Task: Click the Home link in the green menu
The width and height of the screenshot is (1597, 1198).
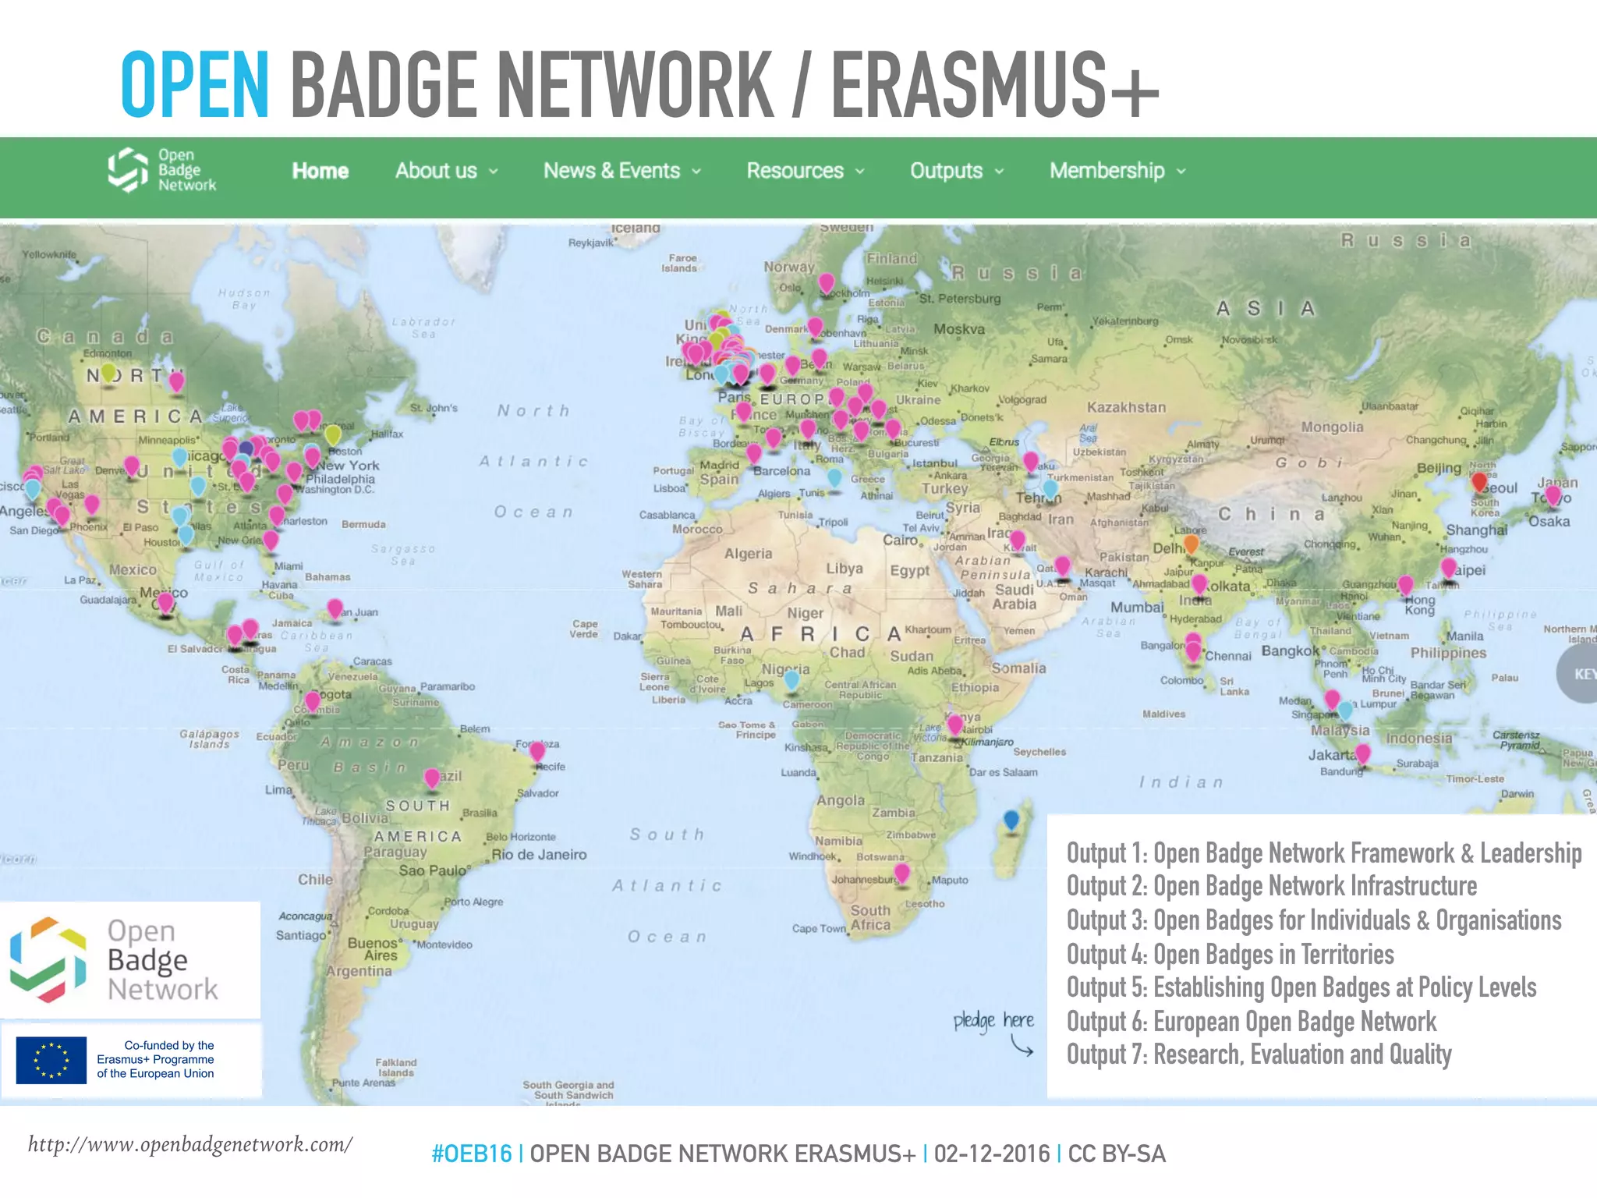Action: click(x=320, y=171)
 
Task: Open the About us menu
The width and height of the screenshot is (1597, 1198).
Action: click(x=445, y=171)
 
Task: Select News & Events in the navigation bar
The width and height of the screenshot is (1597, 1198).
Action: click(x=621, y=171)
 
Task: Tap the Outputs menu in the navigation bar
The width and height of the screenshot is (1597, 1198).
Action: click(x=956, y=171)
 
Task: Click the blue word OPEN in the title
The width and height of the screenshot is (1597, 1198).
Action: click(x=195, y=84)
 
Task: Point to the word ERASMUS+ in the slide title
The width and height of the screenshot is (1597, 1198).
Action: click(x=994, y=84)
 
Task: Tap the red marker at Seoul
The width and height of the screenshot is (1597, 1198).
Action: click(x=1478, y=483)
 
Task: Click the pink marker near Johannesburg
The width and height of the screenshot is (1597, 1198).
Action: click(x=901, y=873)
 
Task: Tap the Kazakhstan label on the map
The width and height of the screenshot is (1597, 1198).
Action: click(x=1126, y=407)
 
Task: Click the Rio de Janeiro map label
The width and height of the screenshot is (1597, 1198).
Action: click(x=539, y=855)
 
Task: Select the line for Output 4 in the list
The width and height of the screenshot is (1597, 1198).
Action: click(x=1230, y=954)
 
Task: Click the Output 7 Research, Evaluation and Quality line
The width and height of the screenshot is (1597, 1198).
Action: click(x=1259, y=1054)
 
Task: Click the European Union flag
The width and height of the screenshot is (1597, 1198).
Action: click(x=51, y=1060)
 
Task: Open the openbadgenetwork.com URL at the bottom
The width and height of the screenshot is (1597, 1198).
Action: click(x=190, y=1144)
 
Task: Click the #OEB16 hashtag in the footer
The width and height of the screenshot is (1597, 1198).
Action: click(x=471, y=1154)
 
